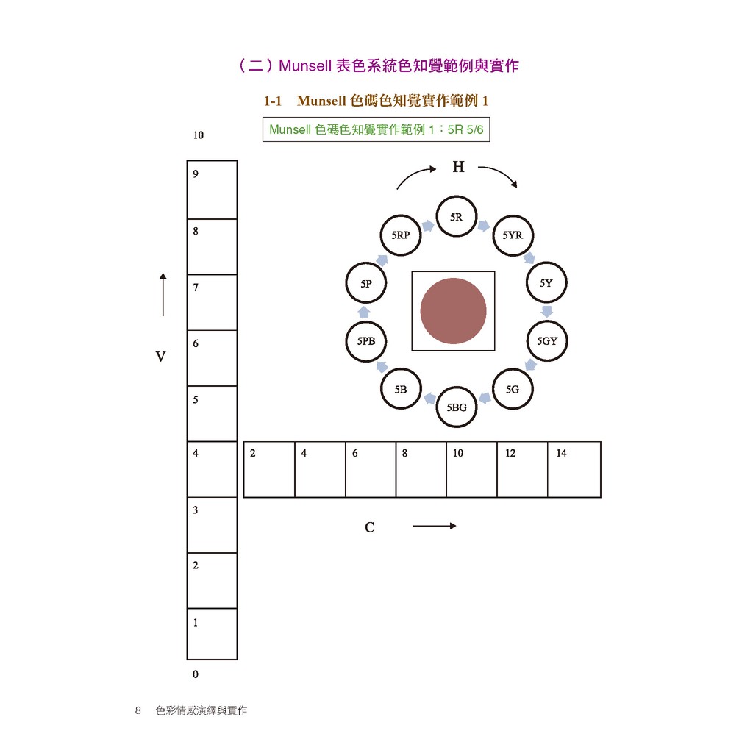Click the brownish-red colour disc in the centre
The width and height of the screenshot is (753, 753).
[x=453, y=311]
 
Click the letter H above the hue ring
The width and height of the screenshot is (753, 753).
[x=459, y=167]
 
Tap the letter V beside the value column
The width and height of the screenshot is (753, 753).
[x=160, y=357]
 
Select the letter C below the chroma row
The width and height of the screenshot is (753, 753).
[x=369, y=527]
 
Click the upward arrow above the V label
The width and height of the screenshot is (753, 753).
[x=163, y=294]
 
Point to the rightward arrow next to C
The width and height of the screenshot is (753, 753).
[x=435, y=526]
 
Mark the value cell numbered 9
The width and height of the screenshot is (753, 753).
[x=212, y=190]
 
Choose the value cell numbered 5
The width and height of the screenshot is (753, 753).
[x=212, y=413]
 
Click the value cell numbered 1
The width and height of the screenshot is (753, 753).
[x=212, y=634]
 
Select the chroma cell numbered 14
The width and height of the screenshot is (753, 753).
[x=574, y=469]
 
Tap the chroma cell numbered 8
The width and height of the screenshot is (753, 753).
[x=421, y=469]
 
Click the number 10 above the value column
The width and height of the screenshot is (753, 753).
[x=199, y=135]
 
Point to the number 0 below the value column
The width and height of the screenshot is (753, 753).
[x=196, y=674]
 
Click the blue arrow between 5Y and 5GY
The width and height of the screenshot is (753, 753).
[x=546, y=311]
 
